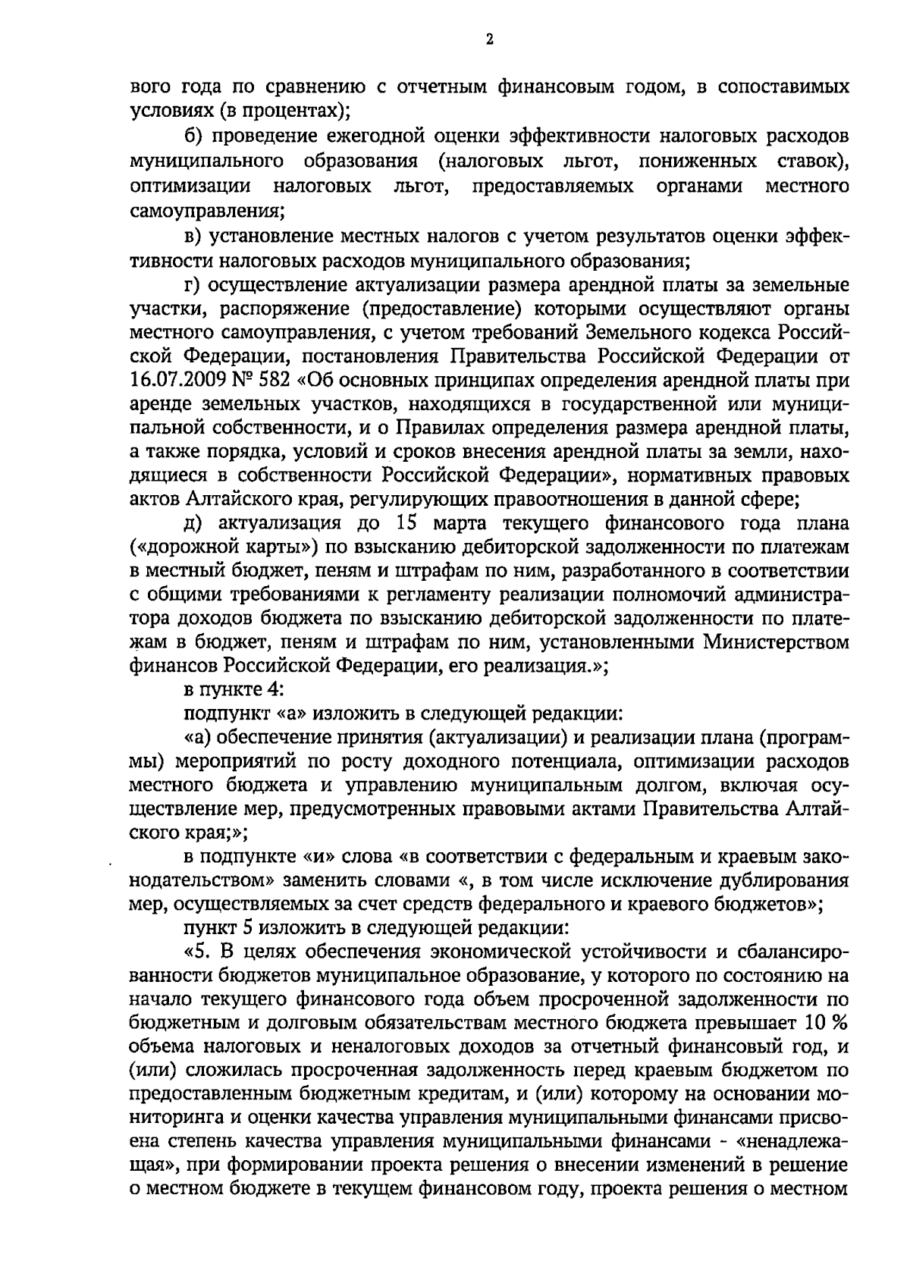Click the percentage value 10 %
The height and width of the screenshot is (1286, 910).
(826, 1022)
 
